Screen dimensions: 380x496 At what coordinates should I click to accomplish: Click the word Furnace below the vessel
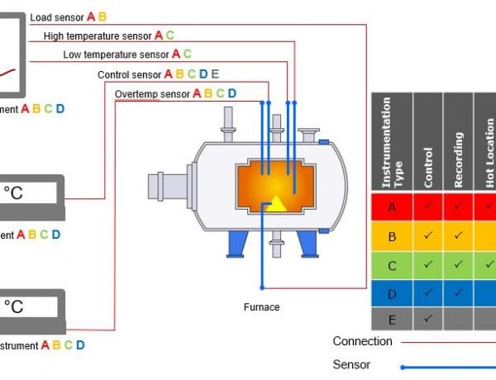(261, 307)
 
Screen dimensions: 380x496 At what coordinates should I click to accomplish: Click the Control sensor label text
(129, 74)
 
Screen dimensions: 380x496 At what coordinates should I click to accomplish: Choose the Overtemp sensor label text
(152, 93)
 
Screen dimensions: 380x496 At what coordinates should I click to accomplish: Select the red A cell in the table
(392, 207)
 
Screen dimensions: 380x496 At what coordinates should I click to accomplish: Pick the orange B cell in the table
(392, 237)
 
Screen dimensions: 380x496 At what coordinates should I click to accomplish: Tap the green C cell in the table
(392, 265)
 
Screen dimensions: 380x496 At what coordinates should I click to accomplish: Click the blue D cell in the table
(392, 292)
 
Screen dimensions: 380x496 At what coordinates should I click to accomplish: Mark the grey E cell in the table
(392, 318)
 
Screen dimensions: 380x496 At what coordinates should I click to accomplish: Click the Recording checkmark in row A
(458, 207)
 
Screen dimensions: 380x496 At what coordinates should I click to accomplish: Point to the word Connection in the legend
(362, 341)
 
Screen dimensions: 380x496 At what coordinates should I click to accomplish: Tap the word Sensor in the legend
(352, 365)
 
